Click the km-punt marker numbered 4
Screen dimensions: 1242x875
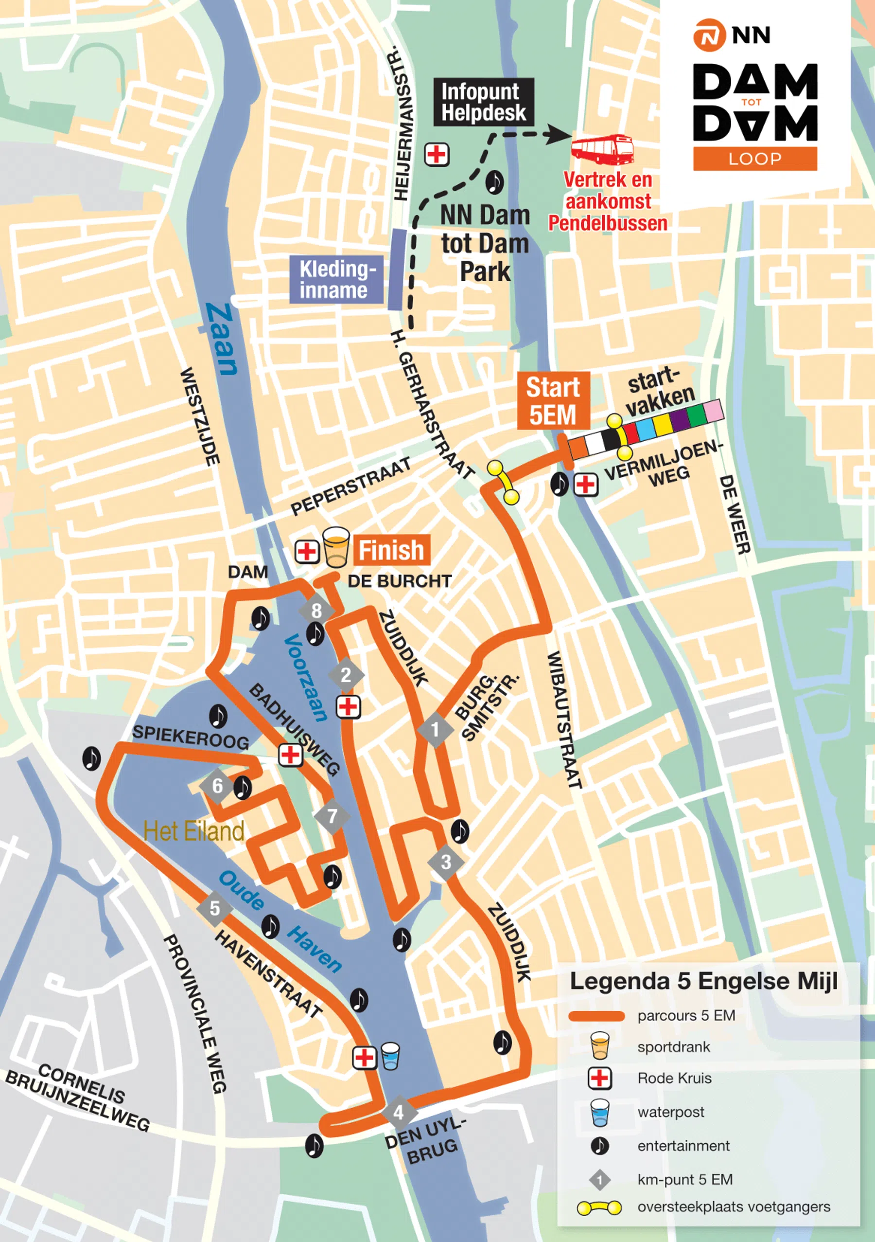[399, 1113]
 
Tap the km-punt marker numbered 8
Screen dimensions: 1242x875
[317, 611]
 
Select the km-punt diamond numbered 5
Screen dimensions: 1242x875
[214, 908]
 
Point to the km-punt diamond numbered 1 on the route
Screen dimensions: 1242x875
[435, 730]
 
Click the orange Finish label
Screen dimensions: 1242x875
[392, 550]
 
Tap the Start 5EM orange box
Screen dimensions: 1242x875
[552, 401]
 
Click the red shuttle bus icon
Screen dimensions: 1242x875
[603, 149]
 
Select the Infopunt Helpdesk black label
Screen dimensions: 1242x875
[483, 102]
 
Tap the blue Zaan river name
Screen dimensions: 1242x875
[222, 339]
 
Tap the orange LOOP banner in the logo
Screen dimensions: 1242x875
[754, 159]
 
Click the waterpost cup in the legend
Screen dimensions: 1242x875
[599, 1112]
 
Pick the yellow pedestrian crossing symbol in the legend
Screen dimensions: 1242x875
[599, 1207]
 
